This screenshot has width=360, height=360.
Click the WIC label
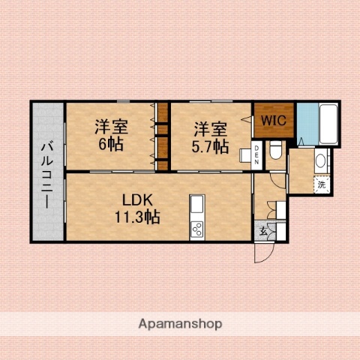(272, 119)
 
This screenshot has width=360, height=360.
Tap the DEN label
(256, 156)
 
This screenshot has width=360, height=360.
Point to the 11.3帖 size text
(137, 217)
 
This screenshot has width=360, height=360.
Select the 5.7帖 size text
(210, 146)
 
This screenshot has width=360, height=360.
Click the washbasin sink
(321, 161)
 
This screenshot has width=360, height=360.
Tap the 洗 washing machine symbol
(321, 184)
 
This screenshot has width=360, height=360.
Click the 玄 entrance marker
(264, 231)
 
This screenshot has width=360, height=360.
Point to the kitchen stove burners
(197, 226)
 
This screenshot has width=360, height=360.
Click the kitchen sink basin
(197, 204)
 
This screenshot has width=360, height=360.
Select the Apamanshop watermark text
(180, 324)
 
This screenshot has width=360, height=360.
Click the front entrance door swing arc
(263, 253)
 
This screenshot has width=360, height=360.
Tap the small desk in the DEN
(246, 155)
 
